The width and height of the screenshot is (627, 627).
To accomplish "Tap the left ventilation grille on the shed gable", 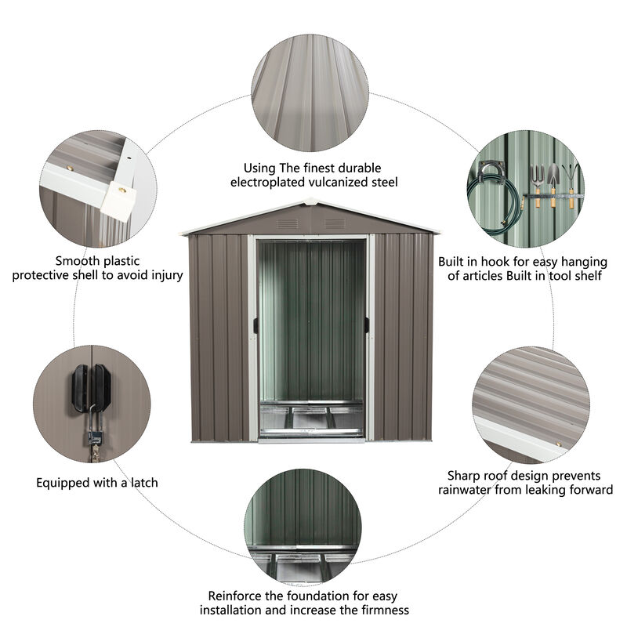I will pos(287,223).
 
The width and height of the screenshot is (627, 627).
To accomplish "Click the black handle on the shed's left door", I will pos(255,325).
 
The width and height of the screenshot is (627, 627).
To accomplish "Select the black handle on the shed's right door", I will pos(367,325).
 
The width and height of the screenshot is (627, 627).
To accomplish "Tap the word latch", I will pos(141,483).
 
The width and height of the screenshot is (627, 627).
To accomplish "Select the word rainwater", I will pos(473,490).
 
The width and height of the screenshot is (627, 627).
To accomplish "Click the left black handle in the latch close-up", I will pos(80,387).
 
